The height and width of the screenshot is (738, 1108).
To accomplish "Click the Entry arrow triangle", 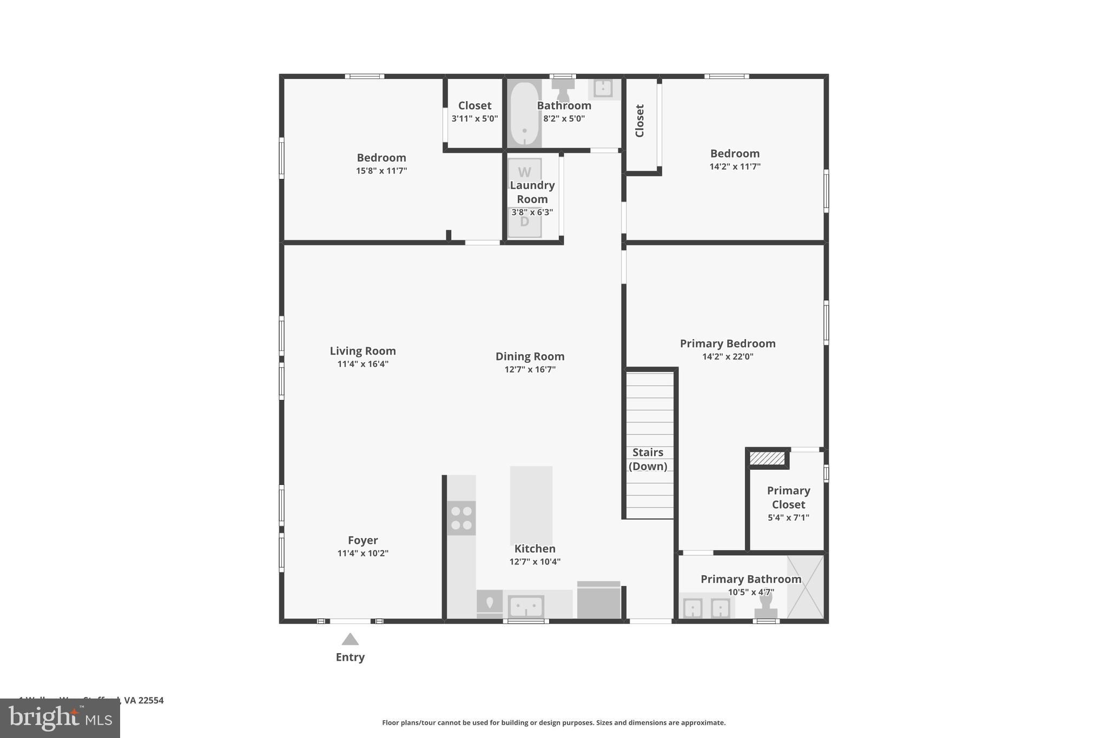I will click(350, 640).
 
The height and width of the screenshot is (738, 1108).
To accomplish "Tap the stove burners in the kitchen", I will click(461, 518).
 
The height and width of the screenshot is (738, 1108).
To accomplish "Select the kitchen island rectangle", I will click(531, 505).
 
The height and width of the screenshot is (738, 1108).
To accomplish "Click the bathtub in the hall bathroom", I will click(524, 114).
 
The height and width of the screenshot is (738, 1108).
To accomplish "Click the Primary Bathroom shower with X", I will click(805, 587).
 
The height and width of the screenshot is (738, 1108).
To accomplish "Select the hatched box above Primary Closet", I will click(767, 458).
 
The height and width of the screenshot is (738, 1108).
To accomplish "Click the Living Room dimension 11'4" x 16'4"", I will click(362, 364).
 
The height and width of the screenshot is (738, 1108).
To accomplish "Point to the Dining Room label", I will click(530, 356).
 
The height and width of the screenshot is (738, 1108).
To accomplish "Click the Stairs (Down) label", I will click(648, 459).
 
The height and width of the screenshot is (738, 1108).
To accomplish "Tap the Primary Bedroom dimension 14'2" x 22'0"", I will click(728, 356).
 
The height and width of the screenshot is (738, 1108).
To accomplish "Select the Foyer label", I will click(362, 540).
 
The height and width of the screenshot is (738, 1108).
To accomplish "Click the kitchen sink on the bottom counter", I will click(526, 607).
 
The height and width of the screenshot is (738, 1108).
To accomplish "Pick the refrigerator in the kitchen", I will click(598, 601).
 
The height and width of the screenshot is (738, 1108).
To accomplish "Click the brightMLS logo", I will click(60, 719).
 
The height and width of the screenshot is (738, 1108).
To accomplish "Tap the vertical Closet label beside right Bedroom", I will click(639, 121).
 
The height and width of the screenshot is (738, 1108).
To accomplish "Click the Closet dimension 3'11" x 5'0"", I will click(474, 118).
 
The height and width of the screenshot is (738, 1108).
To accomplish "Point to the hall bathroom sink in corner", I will click(603, 88).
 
